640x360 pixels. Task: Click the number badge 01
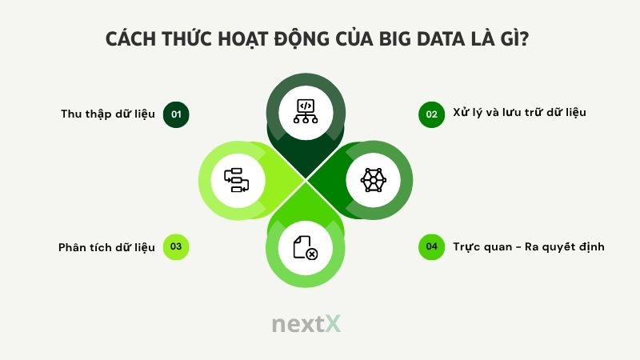click(176, 114)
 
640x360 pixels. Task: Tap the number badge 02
click(432, 114)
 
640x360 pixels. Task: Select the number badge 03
click(176, 247)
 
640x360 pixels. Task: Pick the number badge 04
click(432, 247)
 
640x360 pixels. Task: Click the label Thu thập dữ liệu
click(108, 114)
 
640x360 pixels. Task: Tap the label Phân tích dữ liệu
click(106, 246)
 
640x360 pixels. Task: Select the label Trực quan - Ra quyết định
click(528, 246)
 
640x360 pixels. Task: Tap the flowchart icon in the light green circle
click(237, 179)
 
